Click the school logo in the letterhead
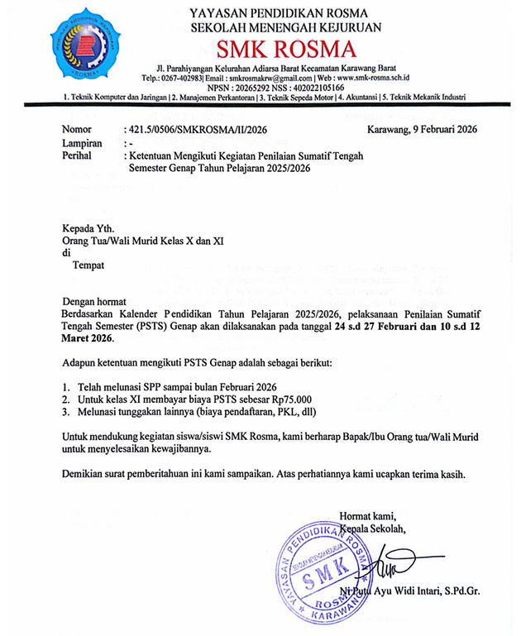pyautogui.click(x=86, y=47)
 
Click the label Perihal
pyautogui.click(x=80, y=155)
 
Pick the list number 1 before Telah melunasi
pyautogui.click(x=66, y=386)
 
